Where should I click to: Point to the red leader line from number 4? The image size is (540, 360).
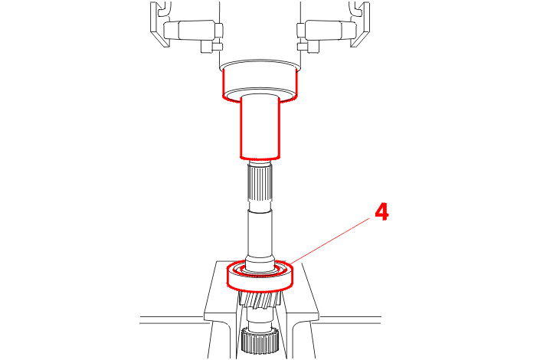pos(332,241)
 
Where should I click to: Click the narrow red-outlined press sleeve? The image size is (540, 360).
pos(260,128)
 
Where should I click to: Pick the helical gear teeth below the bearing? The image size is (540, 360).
pos(260,299)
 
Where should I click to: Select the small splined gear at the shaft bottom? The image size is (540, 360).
pos(260,339)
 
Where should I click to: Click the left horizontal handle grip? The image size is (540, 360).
pos(190,29)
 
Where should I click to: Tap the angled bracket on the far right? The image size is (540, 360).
pos(359,24)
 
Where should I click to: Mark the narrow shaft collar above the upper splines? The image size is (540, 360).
pos(260,162)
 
